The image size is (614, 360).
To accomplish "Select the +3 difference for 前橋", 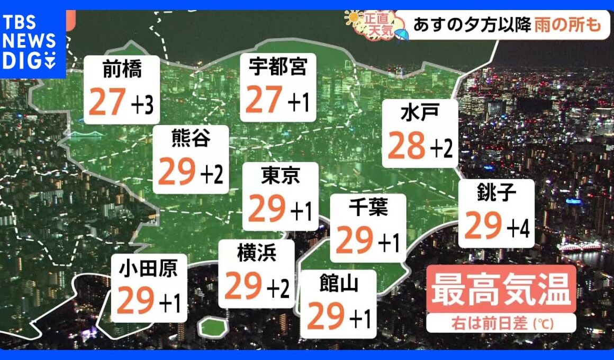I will click(142, 104).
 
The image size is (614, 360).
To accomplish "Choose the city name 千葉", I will click(368, 208).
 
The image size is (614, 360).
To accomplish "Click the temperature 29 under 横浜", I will click(243, 286).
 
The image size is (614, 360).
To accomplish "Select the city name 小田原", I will click(148, 269).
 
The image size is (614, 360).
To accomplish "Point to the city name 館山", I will click(339, 284).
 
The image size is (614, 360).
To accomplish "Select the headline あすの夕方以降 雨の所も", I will click(503, 25).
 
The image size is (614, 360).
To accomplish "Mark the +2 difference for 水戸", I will click(441, 150).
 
